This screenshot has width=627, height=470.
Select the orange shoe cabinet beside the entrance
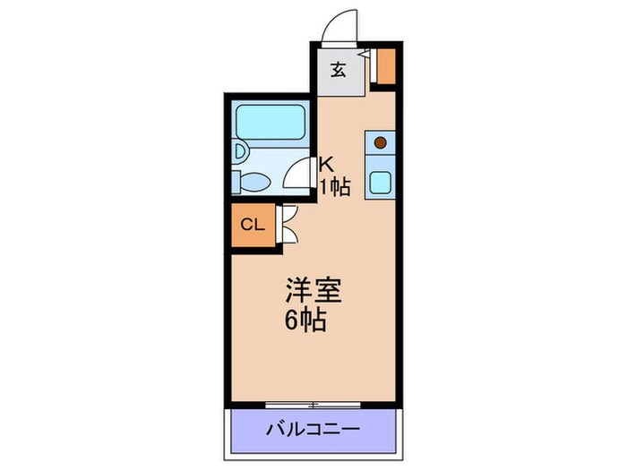(x=385, y=66)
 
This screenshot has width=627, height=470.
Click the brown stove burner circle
(x=380, y=142)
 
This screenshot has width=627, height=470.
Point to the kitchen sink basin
(x=380, y=182)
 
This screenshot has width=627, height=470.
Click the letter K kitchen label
(x=327, y=164)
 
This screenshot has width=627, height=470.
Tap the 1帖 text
(x=336, y=187)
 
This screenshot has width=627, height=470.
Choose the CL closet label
(x=252, y=225)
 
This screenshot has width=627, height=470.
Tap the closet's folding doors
(x=289, y=224)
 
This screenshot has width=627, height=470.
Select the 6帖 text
(x=305, y=320)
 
